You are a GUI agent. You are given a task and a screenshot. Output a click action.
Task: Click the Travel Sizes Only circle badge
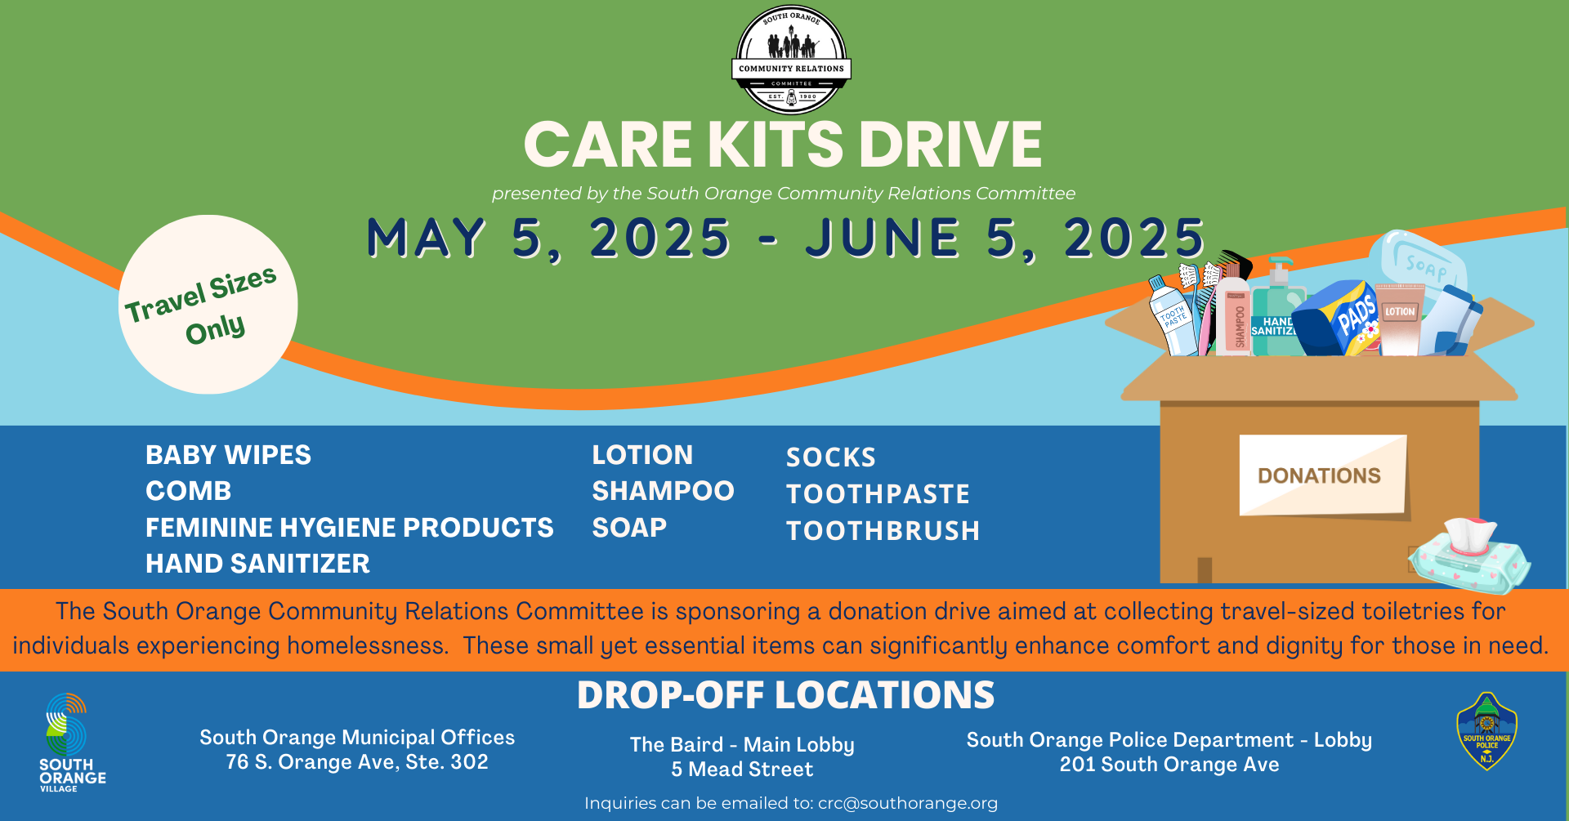(x=208, y=304)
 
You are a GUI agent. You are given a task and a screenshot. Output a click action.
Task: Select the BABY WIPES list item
(x=228, y=455)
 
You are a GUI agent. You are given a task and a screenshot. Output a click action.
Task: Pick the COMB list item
(x=188, y=491)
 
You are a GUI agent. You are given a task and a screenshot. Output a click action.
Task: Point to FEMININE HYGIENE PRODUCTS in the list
(x=349, y=528)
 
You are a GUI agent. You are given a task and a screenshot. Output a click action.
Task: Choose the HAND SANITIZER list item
(x=257, y=564)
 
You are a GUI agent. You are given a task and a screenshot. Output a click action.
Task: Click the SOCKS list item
(x=830, y=457)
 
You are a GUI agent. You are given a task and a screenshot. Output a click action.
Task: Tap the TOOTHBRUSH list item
(x=883, y=531)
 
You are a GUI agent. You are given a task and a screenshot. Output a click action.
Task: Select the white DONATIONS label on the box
(x=1321, y=475)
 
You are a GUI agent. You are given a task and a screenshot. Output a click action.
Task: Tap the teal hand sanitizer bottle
(x=1276, y=315)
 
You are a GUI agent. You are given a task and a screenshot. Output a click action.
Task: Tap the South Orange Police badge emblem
(x=1486, y=732)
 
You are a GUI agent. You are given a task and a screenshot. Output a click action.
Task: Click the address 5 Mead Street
(x=742, y=770)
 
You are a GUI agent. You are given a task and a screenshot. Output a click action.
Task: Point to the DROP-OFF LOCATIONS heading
(x=785, y=696)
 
